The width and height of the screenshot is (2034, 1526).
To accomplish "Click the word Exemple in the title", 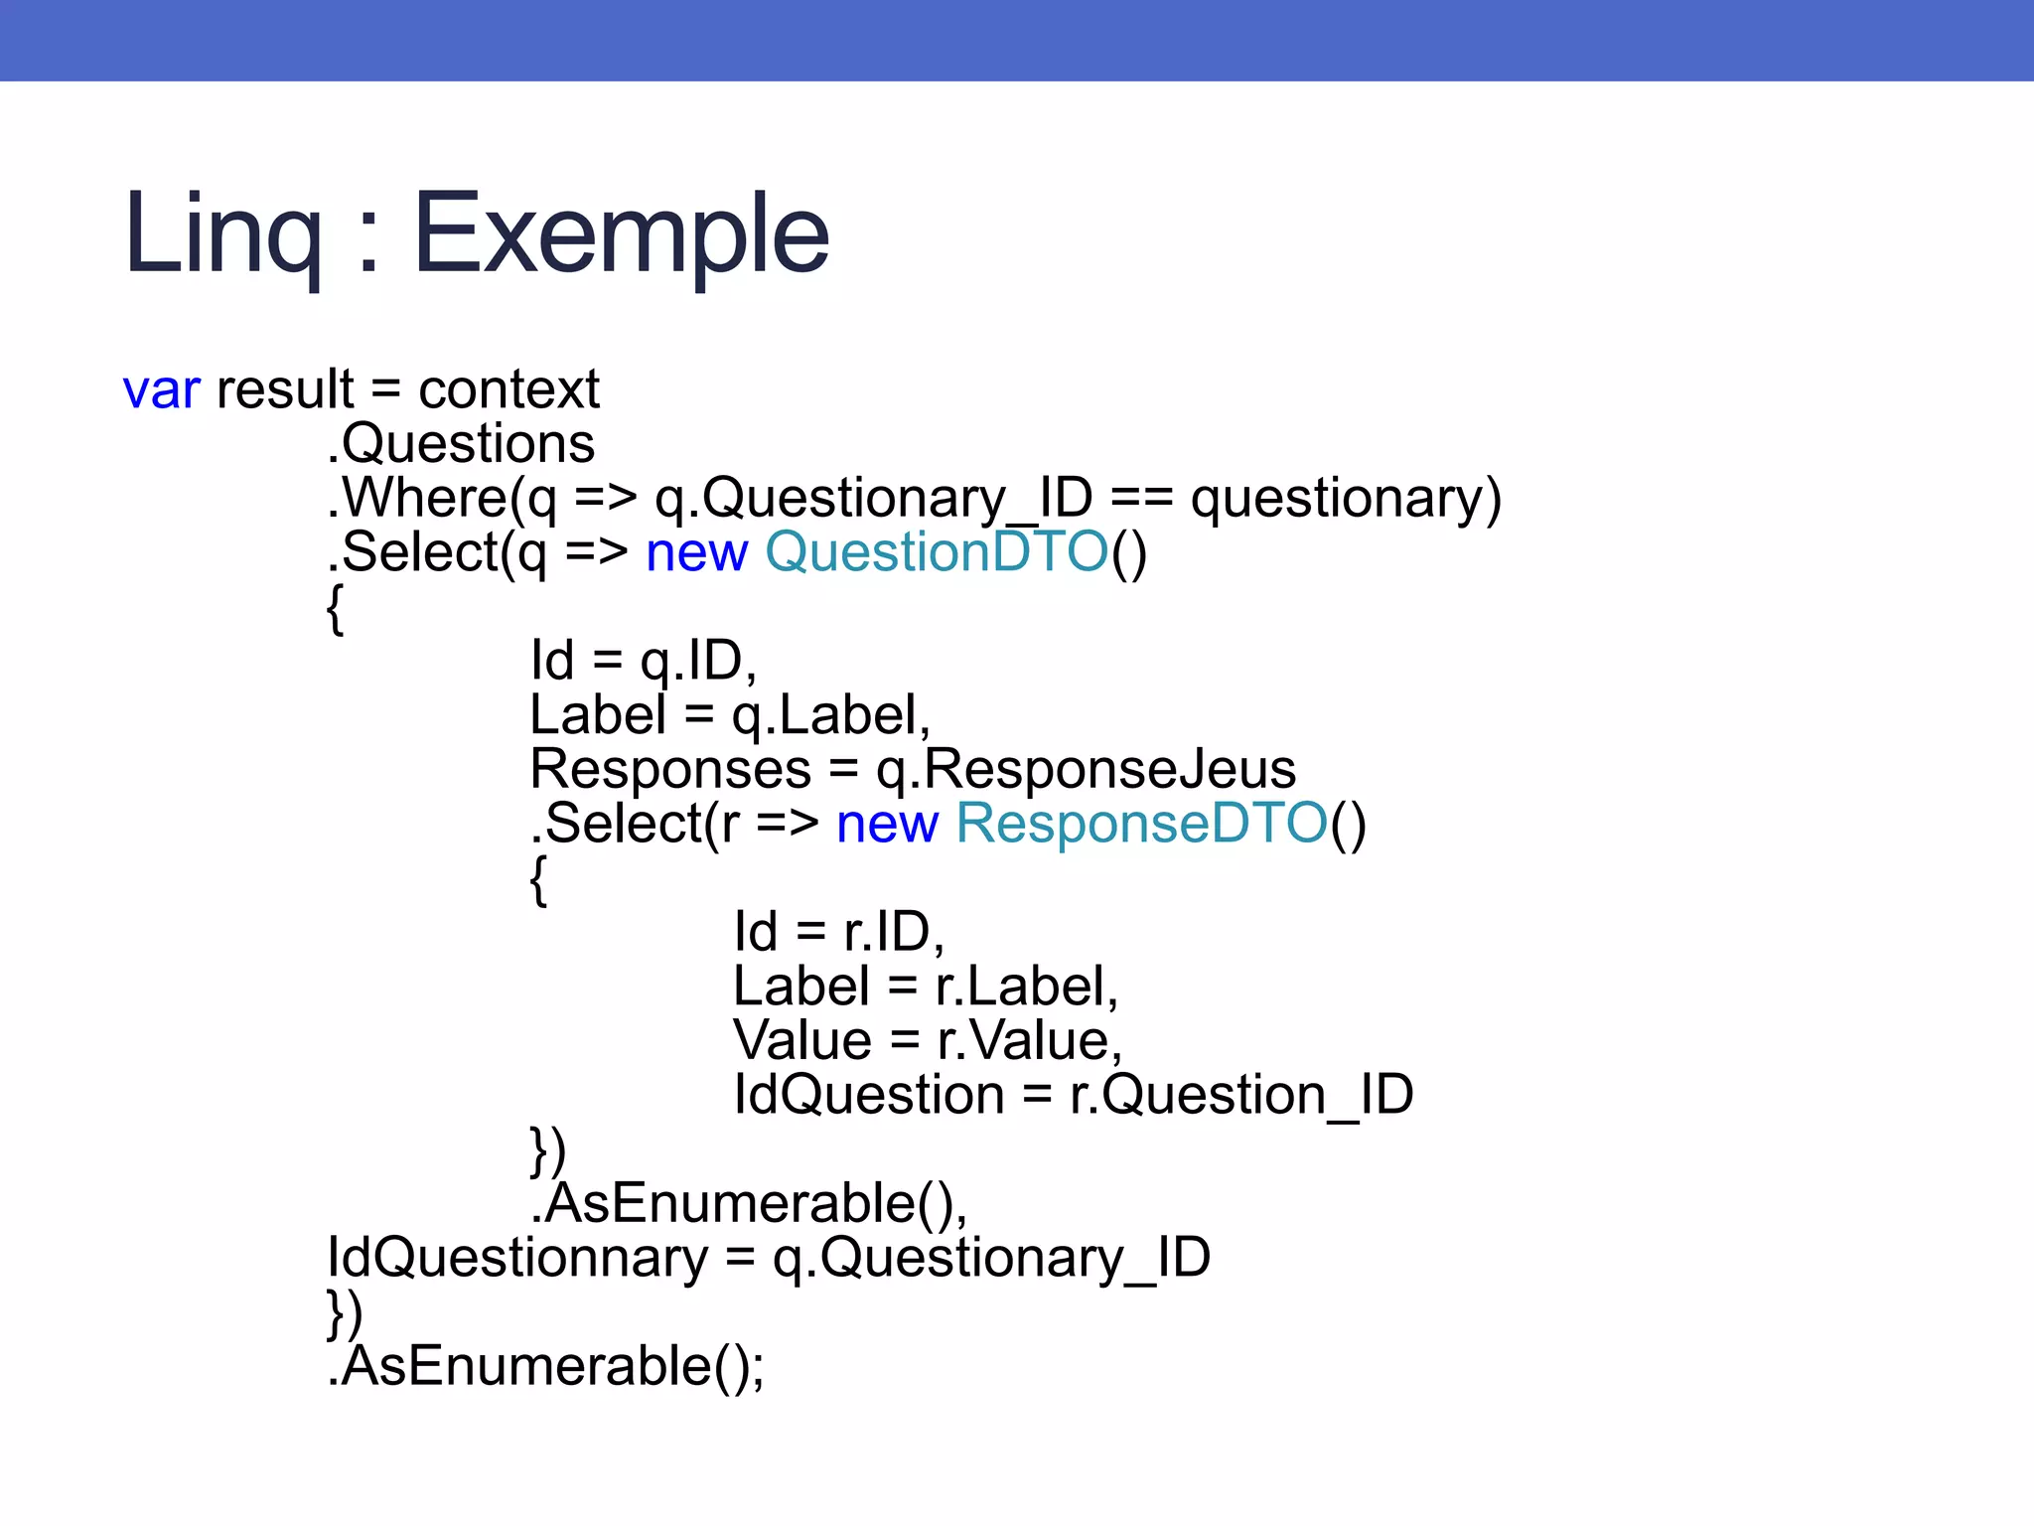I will pos(621,233).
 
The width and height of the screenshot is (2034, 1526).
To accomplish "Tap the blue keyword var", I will pos(162,388).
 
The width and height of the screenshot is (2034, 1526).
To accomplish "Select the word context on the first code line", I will pos(508,388).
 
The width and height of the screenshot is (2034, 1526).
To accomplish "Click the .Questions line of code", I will pos(462,443).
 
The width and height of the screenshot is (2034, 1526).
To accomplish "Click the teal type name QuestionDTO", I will pos(937,551).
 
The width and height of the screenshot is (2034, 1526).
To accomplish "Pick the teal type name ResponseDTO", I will pos(1141,824).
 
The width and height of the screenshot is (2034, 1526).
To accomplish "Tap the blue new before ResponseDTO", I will pos(887,824).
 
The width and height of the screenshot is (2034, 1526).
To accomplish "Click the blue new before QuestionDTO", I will pos(696,551).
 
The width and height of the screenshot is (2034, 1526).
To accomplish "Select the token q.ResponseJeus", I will pos(1086,769).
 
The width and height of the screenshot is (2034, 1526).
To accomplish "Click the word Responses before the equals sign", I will pos(671,769).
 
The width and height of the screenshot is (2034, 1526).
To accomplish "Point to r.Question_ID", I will pos(1240,1095).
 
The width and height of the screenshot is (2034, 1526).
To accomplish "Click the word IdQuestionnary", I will pos(517,1258).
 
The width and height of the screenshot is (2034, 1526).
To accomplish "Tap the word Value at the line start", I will pos(802,1040).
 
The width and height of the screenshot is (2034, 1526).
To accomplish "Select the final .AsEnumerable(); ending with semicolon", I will pos(546,1367).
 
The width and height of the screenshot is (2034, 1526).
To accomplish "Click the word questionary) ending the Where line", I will pos(1346,497).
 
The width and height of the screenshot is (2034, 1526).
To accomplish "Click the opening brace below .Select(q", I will pos(336,608).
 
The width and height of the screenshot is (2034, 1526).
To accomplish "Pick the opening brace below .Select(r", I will pos(538,879).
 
